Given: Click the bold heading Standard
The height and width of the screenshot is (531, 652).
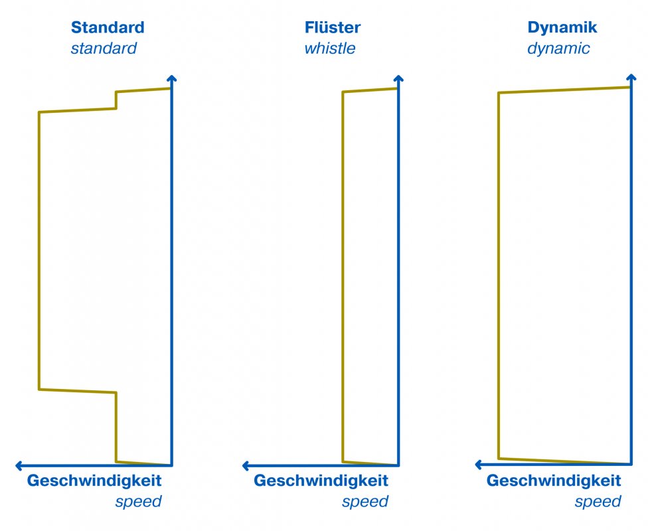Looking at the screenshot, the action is pos(108,27).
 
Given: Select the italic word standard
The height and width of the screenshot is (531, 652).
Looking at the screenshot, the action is pos(104,48).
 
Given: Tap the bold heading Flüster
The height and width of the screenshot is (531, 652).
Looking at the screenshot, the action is pos(333,27).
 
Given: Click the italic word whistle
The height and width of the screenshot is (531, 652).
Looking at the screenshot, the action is pos(330,48).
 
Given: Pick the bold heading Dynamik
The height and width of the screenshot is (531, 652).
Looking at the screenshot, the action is pos(562,28).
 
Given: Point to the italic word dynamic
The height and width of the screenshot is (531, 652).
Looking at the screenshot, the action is pos(558,48).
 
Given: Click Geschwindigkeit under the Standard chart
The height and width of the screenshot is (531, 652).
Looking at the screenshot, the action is pos(94,481).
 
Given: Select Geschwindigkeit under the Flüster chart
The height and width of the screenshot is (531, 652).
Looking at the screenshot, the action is pos(321,481).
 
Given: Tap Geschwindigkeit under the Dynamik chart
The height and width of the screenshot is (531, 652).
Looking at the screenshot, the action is pos(554,481).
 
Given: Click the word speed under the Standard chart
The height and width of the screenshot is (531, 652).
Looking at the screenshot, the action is pos(139,502).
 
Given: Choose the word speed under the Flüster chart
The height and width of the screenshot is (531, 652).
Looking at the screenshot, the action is pos(365,502).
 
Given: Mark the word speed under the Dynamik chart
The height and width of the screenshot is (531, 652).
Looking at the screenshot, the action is pos(598,502).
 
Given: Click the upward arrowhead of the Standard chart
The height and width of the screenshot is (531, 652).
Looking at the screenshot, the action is pos(172,78).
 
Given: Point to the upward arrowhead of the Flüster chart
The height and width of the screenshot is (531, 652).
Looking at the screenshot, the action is pos(398,78).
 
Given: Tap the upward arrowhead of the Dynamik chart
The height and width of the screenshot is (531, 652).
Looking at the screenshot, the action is pos(631,77).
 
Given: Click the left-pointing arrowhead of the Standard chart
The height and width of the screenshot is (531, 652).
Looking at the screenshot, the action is pos(19,466).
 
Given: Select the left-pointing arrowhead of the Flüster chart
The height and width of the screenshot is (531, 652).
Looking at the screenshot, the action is pos(246,466).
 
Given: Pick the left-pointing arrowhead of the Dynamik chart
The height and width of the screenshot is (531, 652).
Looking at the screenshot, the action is pos(479,465).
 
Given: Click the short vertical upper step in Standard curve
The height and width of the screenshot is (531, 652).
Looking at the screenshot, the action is pos(116,100).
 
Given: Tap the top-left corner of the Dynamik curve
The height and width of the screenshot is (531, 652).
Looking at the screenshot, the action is pos(499,93).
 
